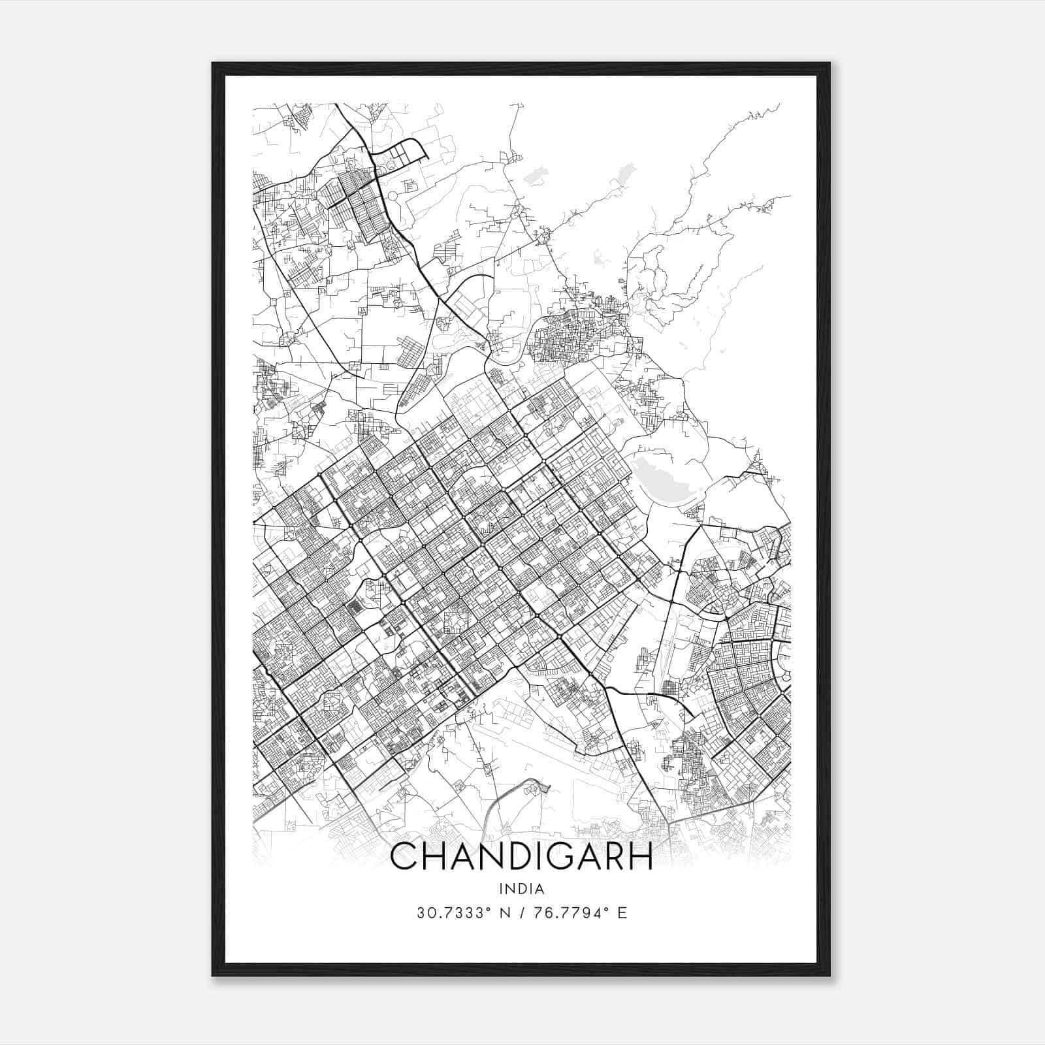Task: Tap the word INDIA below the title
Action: (x=521, y=888)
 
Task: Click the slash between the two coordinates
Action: (x=522, y=913)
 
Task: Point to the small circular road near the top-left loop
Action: (x=393, y=195)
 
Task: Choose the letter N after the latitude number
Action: (x=505, y=913)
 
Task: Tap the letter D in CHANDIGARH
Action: (x=505, y=857)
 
